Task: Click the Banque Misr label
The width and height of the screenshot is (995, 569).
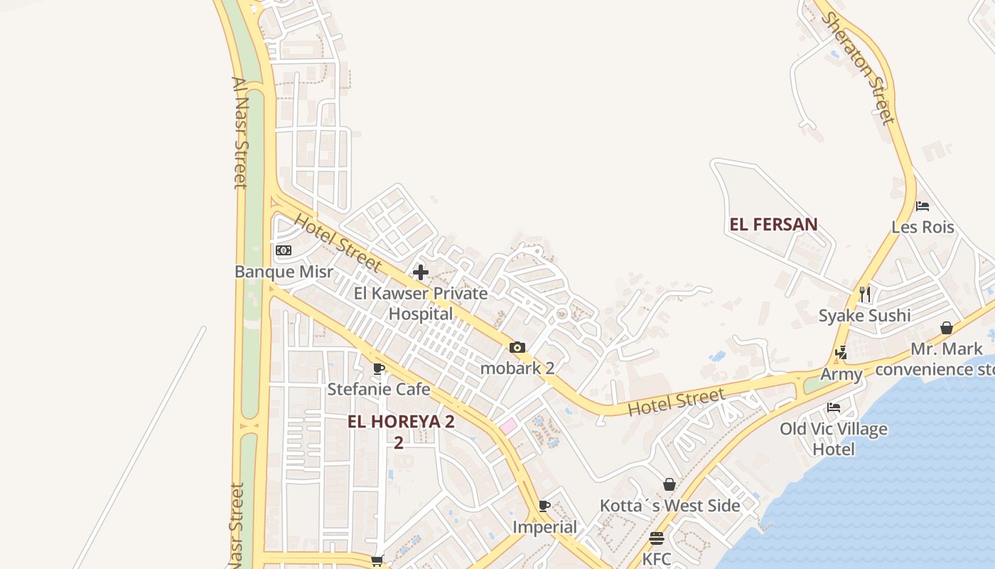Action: (284, 272)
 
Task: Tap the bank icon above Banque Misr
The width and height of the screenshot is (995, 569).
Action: (284, 250)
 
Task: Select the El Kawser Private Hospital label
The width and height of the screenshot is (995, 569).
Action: (421, 304)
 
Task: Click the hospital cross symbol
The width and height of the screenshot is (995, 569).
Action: (421, 272)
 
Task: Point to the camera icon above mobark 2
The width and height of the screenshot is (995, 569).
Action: (517, 348)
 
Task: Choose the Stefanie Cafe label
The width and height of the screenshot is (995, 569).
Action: (379, 389)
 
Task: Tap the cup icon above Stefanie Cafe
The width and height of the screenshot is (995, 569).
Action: (379, 368)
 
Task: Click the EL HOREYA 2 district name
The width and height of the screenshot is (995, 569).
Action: (401, 422)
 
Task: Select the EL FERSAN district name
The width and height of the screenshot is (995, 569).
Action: (773, 225)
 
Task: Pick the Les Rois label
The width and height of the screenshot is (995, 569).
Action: (923, 228)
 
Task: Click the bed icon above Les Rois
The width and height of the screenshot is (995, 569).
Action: (923, 206)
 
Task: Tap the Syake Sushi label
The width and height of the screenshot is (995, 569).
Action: (864, 316)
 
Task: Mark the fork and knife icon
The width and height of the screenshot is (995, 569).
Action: (865, 294)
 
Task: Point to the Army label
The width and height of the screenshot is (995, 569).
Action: (841, 374)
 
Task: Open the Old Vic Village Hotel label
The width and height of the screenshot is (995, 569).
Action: (834, 439)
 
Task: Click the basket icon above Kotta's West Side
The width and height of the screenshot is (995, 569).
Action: (669, 484)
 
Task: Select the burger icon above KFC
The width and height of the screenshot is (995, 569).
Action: (656, 538)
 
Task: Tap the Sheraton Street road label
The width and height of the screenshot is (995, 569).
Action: (858, 68)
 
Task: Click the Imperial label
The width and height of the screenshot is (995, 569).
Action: (545, 527)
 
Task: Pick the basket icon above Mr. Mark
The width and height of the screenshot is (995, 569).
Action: (947, 328)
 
